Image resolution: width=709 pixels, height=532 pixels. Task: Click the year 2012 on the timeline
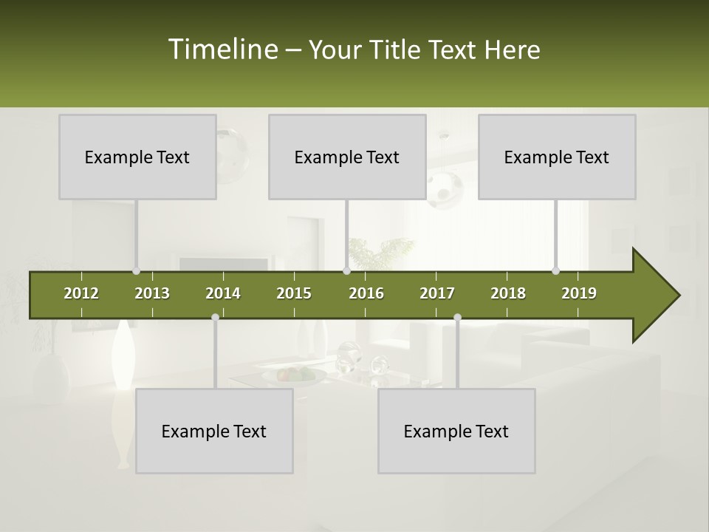click(81, 293)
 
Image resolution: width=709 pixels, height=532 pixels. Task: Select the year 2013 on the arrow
click(152, 293)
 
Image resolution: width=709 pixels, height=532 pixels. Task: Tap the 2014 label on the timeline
click(223, 293)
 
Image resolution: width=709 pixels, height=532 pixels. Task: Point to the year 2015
click(294, 293)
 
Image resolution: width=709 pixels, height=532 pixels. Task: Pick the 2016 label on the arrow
click(366, 293)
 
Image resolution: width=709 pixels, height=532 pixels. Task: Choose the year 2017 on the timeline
click(437, 293)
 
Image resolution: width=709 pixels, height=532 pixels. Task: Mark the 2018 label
click(508, 293)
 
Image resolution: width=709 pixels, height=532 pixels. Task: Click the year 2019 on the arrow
click(579, 293)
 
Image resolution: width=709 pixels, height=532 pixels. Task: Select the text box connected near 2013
click(137, 157)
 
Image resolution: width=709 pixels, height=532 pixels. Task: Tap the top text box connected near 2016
click(347, 157)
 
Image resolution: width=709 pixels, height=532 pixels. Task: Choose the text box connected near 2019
click(557, 157)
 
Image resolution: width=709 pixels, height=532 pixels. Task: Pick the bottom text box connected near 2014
click(214, 431)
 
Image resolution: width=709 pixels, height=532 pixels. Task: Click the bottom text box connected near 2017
click(456, 431)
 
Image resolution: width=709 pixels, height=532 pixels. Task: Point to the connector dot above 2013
click(136, 270)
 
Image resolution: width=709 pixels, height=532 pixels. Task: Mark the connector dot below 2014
click(215, 317)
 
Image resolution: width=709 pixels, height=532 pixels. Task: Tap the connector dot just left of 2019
click(555, 270)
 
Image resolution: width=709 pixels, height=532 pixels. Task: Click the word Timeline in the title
click(222, 50)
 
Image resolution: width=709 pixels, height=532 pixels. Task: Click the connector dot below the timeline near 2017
click(457, 317)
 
